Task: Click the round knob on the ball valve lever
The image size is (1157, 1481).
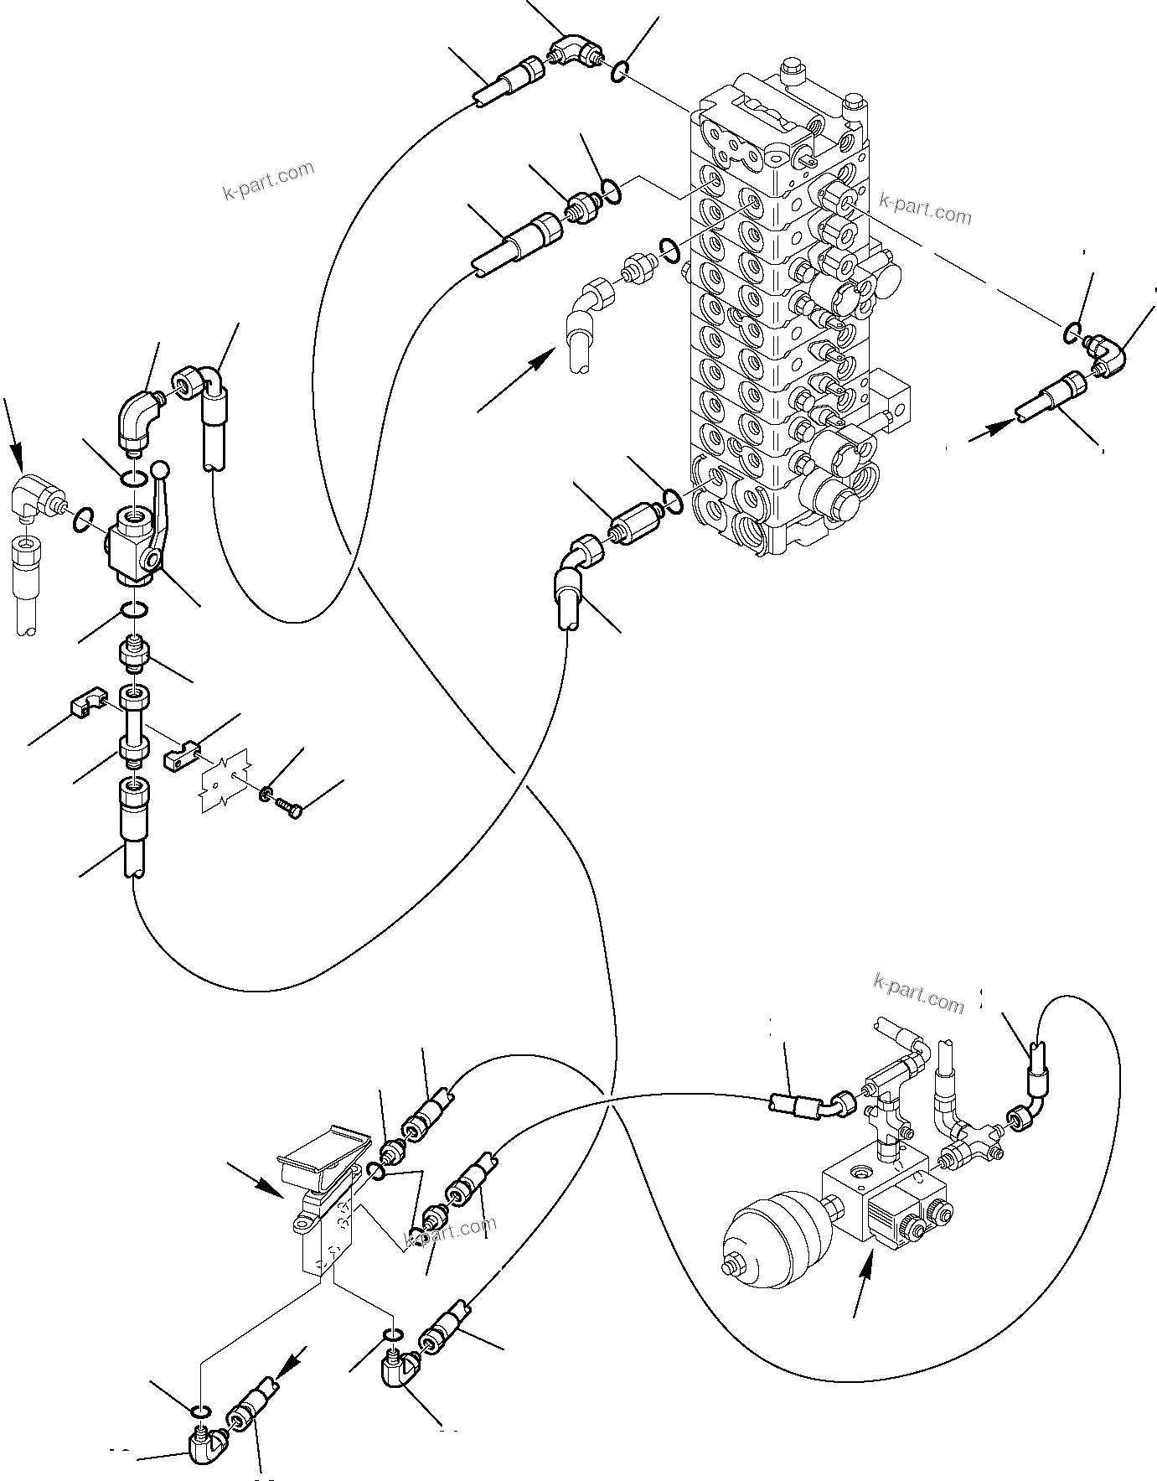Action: [160, 472]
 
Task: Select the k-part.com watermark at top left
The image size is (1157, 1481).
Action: [269, 181]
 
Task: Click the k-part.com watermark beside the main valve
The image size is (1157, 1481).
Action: [926, 209]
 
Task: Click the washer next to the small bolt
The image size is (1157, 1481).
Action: [265, 792]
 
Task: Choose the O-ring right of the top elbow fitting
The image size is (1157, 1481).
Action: [618, 73]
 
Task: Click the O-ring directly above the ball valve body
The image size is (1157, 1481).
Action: [132, 479]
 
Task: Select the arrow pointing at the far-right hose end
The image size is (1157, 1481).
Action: [989, 431]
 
